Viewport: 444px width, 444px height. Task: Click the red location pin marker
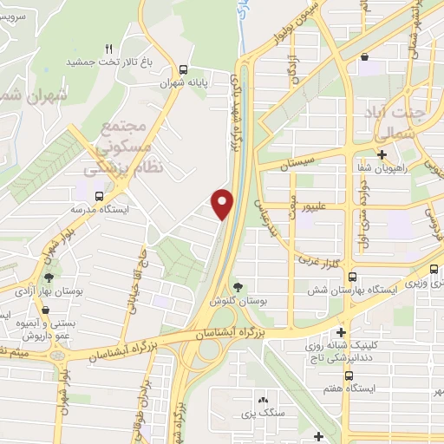click(x=223, y=203)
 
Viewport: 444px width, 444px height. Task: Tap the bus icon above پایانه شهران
click(x=182, y=70)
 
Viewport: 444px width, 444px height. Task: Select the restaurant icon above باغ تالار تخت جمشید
click(x=108, y=49)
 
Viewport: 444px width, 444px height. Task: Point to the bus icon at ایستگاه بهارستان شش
click(x=350, y=277)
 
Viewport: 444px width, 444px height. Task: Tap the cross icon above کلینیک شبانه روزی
click(x=343, y=331)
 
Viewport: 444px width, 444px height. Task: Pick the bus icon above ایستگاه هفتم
click(x=349, y=376)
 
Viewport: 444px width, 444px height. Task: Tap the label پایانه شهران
click(x=181, y=85)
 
